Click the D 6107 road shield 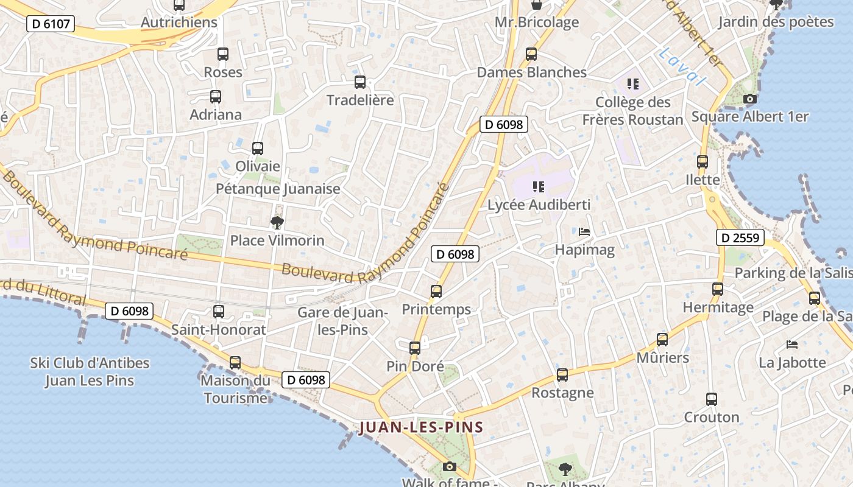point(51,24)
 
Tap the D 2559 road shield point(740,237)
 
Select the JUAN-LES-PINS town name point(421,427)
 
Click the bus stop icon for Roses point(223,54)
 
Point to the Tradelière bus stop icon point(360,82)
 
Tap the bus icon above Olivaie point(258,148)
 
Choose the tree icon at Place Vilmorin point(277,222)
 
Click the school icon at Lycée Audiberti point(538,186)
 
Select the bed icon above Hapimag point(584,232)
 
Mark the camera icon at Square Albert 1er point(750,99)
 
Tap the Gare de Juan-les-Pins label point(342,321)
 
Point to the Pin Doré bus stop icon point(415,348)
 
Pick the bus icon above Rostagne point(562,374)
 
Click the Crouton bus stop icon point(712,399)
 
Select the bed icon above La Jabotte point(792,345)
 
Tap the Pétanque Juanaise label point(278,189)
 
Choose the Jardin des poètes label point(776,22)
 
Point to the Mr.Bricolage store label point(536,23)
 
